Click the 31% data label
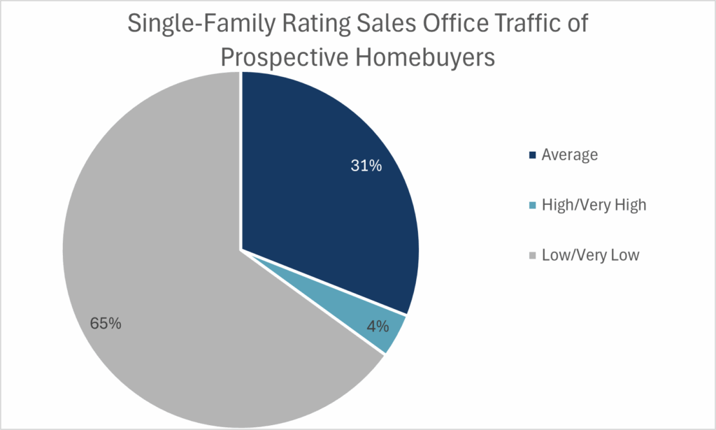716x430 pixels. (366, 166)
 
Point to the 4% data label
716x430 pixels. (378, 326)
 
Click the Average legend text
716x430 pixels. (569, 155)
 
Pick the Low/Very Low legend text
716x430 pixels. (590, 255)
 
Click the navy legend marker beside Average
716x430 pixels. (533, 155)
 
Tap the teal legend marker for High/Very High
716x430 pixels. (533, 206)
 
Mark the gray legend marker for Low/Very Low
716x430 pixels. (533, 256)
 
